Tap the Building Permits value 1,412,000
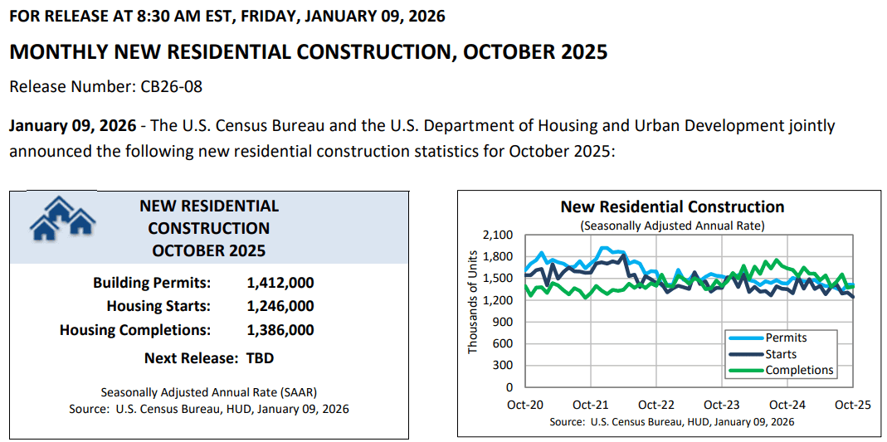click(280, 283)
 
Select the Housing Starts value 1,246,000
click(280, 306)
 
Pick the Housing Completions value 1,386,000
click(280, 330)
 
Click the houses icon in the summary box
click(62, 218)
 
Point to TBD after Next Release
click(260, 358)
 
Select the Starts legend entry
click(781, 354)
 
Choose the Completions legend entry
click(799, 370)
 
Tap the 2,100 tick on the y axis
click(498, 235)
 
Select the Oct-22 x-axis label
click(656, 406)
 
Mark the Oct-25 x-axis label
click(852, 406)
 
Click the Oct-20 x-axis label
click(525, 406)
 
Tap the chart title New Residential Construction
click(672, 207)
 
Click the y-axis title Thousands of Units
click(473, 302)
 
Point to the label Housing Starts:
click(158, 306)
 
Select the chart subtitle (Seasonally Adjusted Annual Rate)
click(672, 226)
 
